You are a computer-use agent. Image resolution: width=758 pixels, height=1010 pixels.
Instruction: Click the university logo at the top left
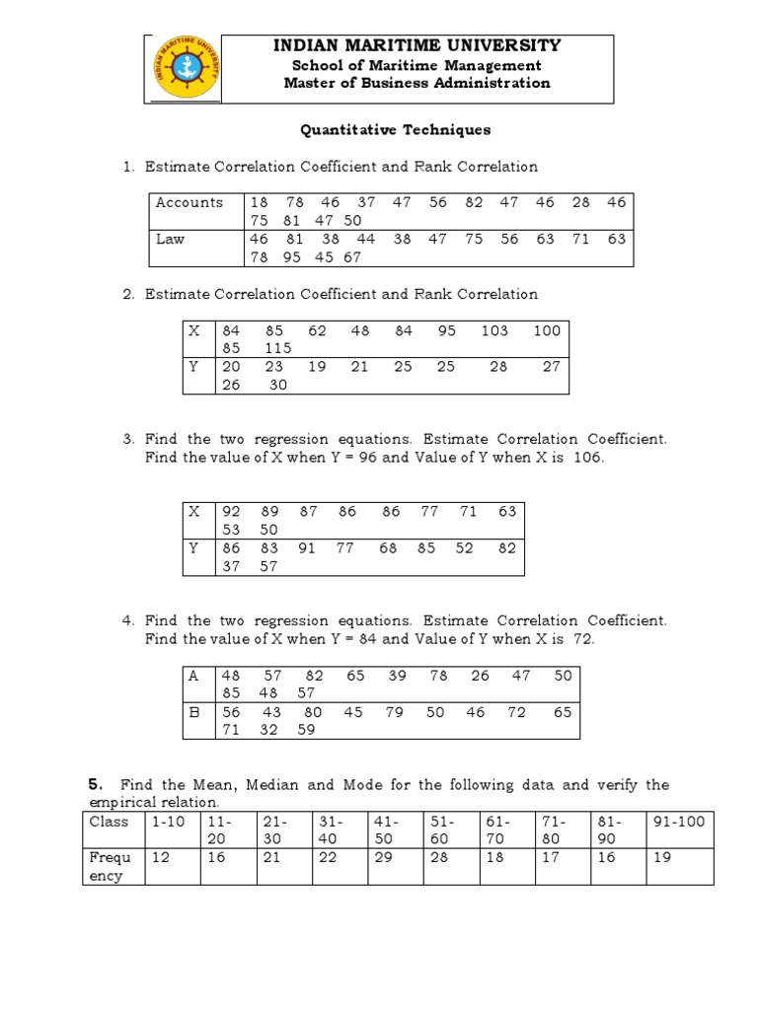click(185, 69)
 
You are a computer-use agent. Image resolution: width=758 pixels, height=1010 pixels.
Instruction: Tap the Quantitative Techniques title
click(395, 129)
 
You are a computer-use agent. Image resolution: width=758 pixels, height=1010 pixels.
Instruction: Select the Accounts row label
click(189, 202)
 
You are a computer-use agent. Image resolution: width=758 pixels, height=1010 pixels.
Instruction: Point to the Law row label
click(170, 239)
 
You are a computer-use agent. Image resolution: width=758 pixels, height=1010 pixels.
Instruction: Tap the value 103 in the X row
click(494, 330)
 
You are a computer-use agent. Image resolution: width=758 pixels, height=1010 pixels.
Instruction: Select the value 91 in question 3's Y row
click(307, 547)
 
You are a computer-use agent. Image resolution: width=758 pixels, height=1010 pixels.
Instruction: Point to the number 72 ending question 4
click(582, 639)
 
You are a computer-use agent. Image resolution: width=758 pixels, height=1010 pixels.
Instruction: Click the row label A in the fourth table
click(194, 676)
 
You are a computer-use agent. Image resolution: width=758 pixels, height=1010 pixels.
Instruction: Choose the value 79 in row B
click(395, 712)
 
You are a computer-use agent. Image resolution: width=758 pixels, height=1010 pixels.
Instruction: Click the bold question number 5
click(95, 785)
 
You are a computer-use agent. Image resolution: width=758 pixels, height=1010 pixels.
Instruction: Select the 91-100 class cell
click(679, 821)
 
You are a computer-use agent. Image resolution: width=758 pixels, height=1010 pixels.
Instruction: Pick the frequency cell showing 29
click(380, 857)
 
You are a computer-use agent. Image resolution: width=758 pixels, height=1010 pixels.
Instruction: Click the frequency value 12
click(160, 857)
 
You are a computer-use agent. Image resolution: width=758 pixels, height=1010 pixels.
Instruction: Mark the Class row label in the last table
click(110, 821)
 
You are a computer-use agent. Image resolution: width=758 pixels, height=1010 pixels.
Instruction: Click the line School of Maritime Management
click(417, 65)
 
